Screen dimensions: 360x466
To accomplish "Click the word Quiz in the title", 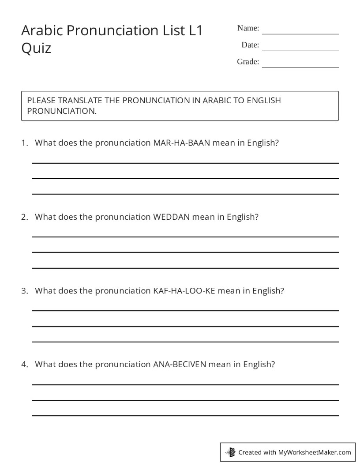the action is tap(36, 48).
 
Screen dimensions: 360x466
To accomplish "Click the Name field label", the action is tap(248, 28).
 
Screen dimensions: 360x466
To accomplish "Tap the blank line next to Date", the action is tap(300, 50).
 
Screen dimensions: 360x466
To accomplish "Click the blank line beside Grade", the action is tap(300, 67).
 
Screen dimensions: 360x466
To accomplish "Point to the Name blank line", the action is tap(300, 34).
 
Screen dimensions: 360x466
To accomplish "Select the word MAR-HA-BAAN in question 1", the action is tap(182, 143).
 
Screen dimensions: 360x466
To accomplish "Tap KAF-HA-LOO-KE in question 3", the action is tap(184, 290).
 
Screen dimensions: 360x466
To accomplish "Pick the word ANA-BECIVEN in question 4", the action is tap(180, 364).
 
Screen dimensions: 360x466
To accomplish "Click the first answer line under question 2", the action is tap(185, 237).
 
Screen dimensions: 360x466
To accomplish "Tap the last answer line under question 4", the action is tap(185, 415).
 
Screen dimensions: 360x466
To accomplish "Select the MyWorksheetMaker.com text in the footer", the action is tap(314, 452).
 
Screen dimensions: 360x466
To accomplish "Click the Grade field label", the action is tap(248, 62).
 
